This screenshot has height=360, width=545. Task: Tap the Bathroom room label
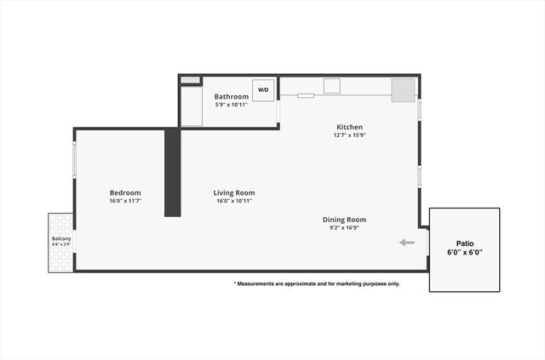coord(232,97)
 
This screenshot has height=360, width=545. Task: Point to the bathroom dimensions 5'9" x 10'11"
coord(232,106)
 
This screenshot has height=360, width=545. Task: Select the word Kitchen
coord(348,128)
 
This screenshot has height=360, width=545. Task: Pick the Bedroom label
coord(125,192)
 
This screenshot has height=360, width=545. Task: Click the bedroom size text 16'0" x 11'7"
coord(125,202)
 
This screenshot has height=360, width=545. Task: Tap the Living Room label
coord(234,192)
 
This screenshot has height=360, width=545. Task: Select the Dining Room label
coord(344,220)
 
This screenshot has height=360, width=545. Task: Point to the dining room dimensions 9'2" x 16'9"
coord(344,228)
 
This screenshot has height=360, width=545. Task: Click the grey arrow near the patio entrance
coord(407,243)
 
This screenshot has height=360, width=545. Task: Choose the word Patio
coord(464,243)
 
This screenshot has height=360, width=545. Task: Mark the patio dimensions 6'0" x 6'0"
coord(464,253)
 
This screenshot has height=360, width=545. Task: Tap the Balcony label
coord(60,238)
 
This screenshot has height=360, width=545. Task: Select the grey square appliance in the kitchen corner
coord(403,90)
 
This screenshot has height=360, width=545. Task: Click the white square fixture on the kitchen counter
coord(331,85)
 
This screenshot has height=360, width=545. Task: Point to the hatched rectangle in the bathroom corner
coord(191,81)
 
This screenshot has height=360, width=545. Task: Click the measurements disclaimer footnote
coord(316,283)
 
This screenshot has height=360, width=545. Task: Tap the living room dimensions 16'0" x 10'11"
coord(234,202)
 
